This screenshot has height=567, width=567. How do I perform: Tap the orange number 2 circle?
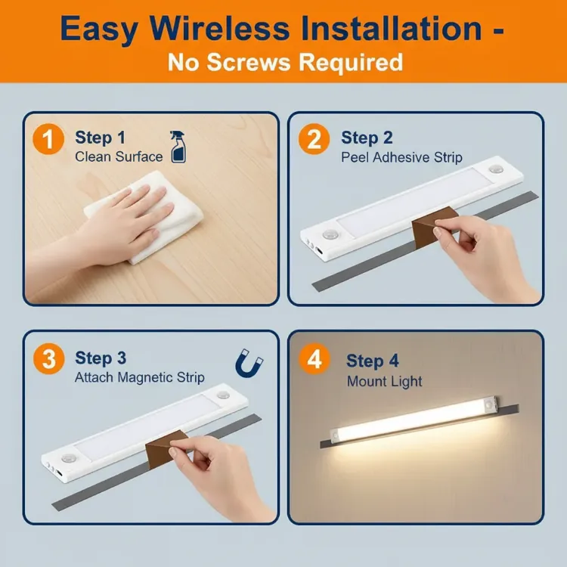(314, 141)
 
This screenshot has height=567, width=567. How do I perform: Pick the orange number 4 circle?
(314, 360)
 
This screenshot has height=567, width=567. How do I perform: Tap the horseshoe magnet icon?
(249, 364)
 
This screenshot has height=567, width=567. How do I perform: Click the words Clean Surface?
(119, 157)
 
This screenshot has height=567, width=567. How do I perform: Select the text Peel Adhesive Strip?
(401, 158)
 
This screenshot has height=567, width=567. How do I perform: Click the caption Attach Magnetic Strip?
(139, 377)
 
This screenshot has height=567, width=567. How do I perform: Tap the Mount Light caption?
(384, 381)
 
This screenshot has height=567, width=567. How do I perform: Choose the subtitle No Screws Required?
(284, 62)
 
